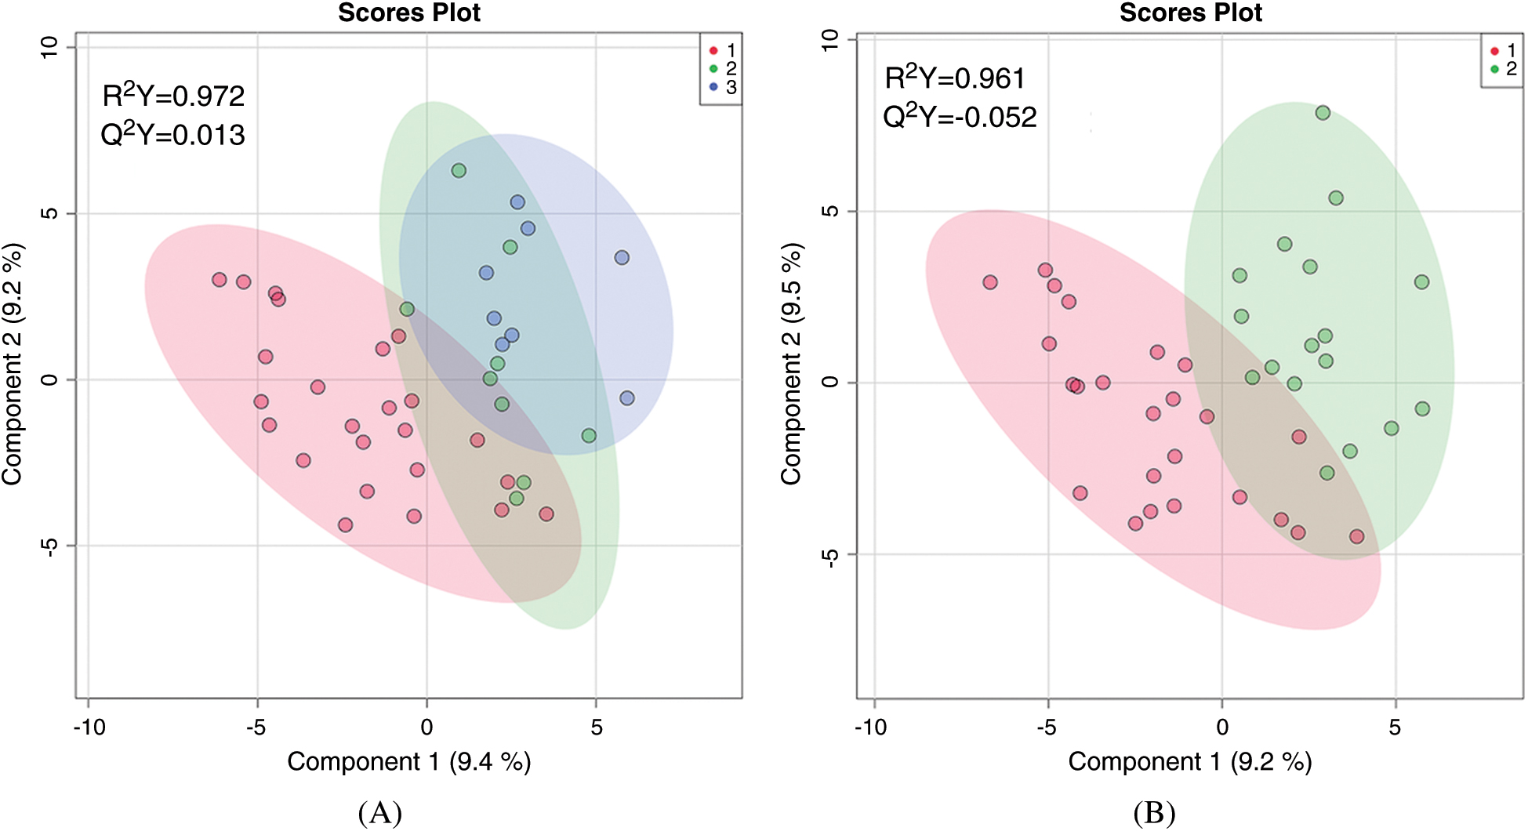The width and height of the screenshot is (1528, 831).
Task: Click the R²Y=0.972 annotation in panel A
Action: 173,96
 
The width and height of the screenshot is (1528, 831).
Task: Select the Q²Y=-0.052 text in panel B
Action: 960,117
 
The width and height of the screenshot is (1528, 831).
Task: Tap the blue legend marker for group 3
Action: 713,87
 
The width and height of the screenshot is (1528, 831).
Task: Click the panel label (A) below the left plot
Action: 380,813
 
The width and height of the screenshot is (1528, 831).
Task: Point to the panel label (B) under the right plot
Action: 1154,813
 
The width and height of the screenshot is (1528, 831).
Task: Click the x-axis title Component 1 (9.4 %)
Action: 408,761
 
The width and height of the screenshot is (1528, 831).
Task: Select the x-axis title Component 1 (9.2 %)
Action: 1189,761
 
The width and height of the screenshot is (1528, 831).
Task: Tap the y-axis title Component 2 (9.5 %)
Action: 791,364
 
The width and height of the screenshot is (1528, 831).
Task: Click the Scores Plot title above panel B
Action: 1190,13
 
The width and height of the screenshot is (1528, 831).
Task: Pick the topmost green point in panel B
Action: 1323,113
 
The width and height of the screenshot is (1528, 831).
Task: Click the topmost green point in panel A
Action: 459,171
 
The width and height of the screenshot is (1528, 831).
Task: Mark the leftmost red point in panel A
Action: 220,280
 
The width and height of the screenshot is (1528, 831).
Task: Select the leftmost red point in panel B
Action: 990,282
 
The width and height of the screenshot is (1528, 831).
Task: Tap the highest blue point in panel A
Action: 517,202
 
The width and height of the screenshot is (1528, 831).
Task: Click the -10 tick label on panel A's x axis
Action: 89,728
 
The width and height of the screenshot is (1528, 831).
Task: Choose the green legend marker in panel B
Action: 1494,69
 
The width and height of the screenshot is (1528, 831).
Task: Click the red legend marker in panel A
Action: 713,51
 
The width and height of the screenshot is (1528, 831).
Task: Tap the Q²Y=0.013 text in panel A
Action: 173,135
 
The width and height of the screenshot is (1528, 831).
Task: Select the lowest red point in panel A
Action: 345,524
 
